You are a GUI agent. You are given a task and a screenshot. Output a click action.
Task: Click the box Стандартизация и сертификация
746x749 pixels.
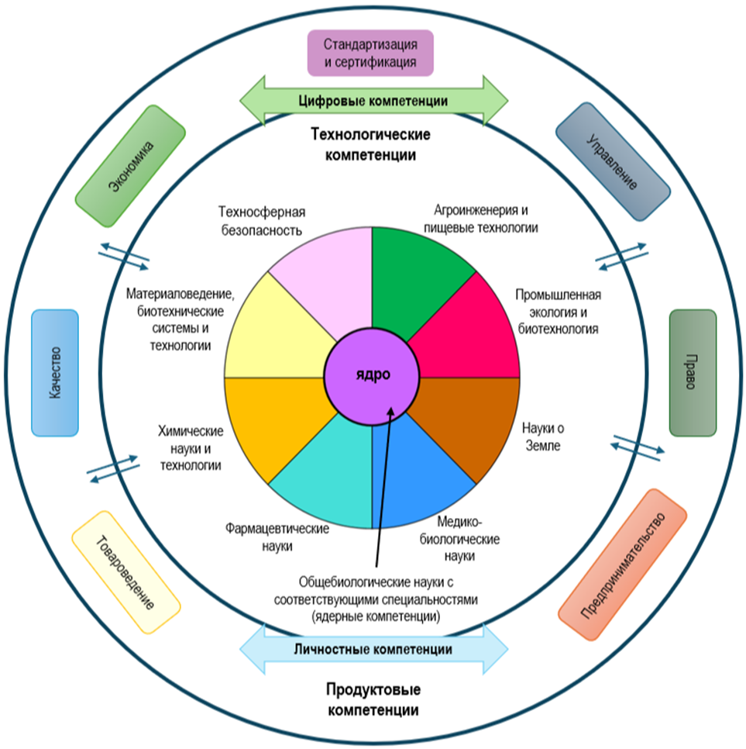[370, 53]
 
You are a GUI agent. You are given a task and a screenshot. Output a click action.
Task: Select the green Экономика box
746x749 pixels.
[131, 167]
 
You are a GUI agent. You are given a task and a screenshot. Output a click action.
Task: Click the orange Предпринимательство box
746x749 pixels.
[622, 564]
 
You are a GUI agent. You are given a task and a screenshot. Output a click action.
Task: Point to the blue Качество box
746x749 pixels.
[55, 372]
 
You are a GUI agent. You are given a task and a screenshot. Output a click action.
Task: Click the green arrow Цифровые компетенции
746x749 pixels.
[373, 101]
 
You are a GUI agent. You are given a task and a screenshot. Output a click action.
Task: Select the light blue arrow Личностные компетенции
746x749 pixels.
[374, 649]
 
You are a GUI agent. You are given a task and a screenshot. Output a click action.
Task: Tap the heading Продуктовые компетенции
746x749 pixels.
[373, 699]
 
